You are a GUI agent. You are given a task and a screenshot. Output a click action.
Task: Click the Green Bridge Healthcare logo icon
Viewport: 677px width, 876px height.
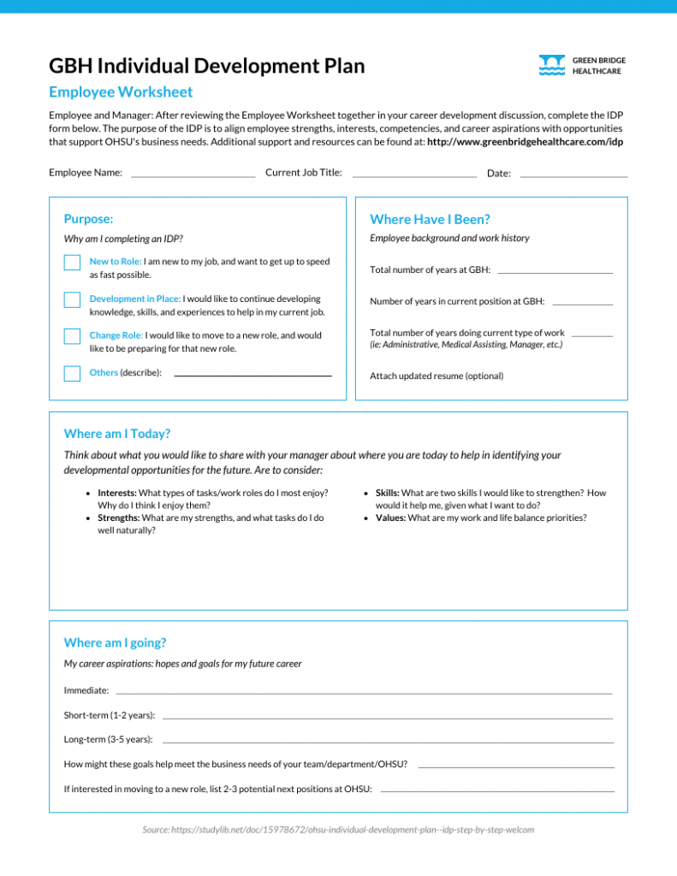pos(552,66)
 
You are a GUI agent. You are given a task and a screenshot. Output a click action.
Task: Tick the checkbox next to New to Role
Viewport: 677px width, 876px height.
pos(72,263)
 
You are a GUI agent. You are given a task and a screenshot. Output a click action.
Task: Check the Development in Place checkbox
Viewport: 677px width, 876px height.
pos(72,300)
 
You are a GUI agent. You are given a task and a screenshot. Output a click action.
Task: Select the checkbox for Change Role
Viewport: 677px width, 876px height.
pos(72,336)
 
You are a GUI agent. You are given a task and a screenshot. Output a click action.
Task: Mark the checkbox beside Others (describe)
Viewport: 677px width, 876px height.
pos(72,373)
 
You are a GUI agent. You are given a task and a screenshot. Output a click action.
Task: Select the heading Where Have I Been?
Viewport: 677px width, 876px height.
pos(430,219)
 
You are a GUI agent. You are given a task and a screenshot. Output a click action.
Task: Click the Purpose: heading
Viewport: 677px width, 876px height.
pos(88,219)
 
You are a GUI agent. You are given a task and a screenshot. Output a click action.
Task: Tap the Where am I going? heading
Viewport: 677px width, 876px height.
pos(115,642)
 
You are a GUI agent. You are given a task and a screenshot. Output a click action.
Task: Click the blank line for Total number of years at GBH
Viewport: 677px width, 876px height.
pos(555,271)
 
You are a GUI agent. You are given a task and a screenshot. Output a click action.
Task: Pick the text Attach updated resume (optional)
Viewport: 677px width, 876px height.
pos(436,376)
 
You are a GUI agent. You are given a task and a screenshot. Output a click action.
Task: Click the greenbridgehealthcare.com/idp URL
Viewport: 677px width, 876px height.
pos(525,141)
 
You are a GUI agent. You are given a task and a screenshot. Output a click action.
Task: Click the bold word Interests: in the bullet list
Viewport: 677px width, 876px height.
pos(116,493)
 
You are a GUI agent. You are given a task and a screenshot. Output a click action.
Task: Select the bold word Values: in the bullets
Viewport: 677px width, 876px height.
pos(391,518)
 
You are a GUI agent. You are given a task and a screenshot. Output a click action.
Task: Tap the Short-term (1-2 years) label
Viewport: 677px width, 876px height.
pos(110,714)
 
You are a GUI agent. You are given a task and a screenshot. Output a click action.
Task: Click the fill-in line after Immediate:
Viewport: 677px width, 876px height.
pos(364,691)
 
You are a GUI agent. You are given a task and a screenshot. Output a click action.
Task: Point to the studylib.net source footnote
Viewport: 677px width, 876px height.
pos(338,829)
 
